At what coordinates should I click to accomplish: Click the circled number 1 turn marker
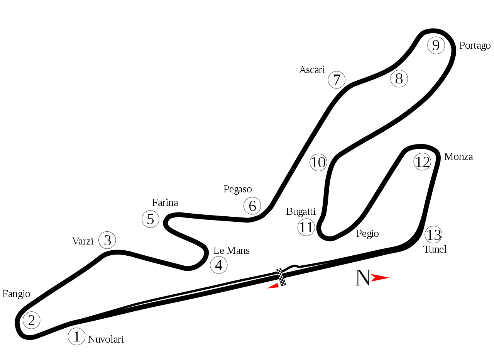pyautogui.click(x=76, y=336)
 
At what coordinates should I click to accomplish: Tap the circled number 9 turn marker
pyautogui.click(x=436, y=45)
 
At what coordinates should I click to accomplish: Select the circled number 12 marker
pyautogui.click(x=422, y=161)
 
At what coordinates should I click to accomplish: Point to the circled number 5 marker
pyautogui.click(x=151, y=219)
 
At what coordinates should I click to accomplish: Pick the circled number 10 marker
pyautogui.click(x=318, y=162)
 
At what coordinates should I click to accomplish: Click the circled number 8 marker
pyautogui.click(x=399, y=78)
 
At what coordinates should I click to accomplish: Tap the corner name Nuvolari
pyautogui.click(x=106, y=339)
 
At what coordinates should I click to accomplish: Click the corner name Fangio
pyautogui.click(x=16, y=294)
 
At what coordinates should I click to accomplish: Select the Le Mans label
pyautogui.click(x=231, y=251)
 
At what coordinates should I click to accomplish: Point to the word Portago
pyautogui.click(x=475, y=46)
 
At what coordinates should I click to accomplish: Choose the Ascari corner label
pyautogui.click(x=312, y=70)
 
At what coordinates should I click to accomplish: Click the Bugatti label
pyautogui.click(x=301, y=211)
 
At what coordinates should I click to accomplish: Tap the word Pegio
pyautogui.click(x=367, y=234)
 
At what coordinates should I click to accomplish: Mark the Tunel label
pyautogui.click(x=435, y=250)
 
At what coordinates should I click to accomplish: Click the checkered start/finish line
pyautogui.click(x=281, y=277)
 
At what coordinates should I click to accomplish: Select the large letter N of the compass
pyautogui.click(x=363, y=278)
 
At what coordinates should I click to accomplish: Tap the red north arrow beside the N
pyautogui.click(x=380, y=278)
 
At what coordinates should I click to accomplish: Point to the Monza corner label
pyautogui.click(x=458, y=157)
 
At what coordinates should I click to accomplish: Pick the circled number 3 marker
pyautogui.click(x=107, y=240)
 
